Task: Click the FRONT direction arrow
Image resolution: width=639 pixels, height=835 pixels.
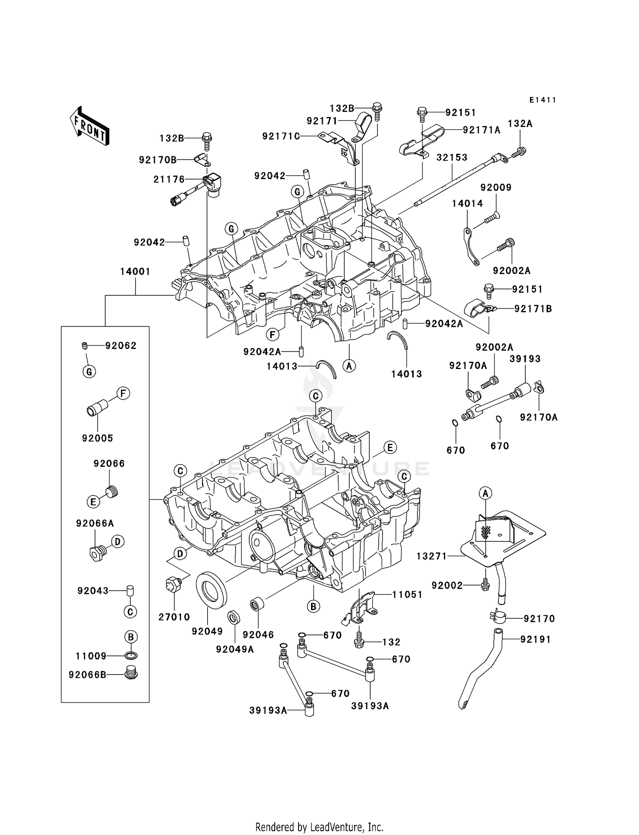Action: point(89,126)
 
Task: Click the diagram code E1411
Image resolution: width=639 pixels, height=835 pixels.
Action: point(543,100)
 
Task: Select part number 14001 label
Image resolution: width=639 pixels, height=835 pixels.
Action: point(135,272)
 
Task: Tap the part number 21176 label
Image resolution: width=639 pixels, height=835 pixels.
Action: point(169,180)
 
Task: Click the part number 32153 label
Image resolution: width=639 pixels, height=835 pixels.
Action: point(452,157)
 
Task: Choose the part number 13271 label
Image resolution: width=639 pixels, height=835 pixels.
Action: point(432,556)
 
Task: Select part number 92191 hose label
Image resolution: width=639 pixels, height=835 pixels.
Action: point(535,639)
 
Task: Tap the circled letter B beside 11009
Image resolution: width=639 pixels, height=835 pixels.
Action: point(131,637)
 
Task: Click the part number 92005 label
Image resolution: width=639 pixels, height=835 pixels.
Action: point(98,438)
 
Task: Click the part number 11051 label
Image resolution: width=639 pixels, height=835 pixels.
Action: point(407,595)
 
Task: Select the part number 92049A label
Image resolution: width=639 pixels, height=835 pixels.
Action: point(235,649)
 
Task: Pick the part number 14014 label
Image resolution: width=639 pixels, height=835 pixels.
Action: point(467,203)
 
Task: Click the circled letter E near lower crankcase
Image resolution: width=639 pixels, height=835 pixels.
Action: point(389,447)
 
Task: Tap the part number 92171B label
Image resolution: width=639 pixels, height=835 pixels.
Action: point(533,309)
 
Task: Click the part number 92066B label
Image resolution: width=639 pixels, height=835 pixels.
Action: point(87,675)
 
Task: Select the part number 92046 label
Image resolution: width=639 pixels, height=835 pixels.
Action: point(258,635)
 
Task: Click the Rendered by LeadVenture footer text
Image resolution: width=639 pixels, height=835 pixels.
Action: point(319,827)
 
